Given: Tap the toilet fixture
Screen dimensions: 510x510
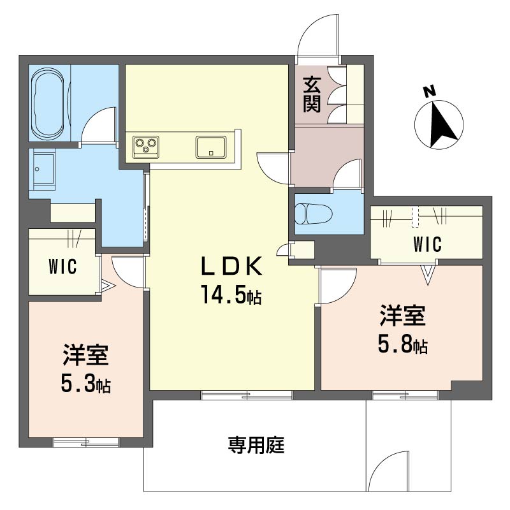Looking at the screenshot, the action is pyautogui.click(x=314, y=214).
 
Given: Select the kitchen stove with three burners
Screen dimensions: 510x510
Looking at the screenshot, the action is pyautogui.click(x=146, y=147).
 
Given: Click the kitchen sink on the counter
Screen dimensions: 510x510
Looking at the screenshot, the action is pyautogui.click(x=211, y=147).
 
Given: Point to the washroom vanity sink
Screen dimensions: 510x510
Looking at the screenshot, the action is pyautogui.click(x=43, y=170).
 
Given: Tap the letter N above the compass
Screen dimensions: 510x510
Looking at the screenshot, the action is pyautogui.click(x=430, y=91).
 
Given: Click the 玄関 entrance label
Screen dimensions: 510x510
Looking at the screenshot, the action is pyautogui.click(x=312, y=94).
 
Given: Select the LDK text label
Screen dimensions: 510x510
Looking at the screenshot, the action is pyautogui.click(x=231, y=266).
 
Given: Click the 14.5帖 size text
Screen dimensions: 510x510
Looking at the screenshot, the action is pyautogui.click(x=231, y=295).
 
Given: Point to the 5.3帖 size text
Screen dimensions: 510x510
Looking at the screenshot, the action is pyautogui.click(x=85, y=383).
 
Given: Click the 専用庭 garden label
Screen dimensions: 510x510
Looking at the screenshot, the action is pyautogui.click(x=256, y=445).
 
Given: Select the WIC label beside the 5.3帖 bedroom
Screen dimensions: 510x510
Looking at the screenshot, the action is pyautogui.click(x=62, y=266).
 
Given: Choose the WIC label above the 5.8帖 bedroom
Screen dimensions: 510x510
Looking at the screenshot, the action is pyautogui.click(x=427, y=244).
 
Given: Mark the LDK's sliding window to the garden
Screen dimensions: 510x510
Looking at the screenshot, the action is pyautogui.click(x=247, y=395).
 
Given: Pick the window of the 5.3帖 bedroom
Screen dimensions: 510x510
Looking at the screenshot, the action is pyautogui.click(x=86, y=442).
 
